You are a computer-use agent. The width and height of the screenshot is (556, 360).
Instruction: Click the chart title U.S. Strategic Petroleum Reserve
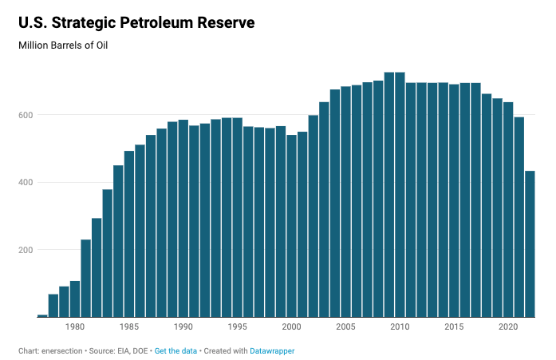tap(136, 23)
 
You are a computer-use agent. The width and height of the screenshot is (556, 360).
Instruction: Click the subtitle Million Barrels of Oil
tap(63, 45)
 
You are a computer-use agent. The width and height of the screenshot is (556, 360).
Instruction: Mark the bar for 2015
tap(454, 200)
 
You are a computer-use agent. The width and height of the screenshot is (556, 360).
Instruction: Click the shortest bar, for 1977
tap(42, 315)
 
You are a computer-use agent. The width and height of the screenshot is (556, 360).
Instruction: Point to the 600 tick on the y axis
tap(26, 115)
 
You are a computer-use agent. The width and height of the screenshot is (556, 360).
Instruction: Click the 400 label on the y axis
tap(26, 183)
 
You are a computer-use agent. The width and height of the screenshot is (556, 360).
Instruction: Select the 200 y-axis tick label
tap(26, 250)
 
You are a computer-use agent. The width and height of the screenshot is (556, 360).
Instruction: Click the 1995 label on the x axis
tap(238, 326)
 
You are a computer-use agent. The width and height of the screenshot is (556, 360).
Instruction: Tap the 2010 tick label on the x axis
tap(400, 326)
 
